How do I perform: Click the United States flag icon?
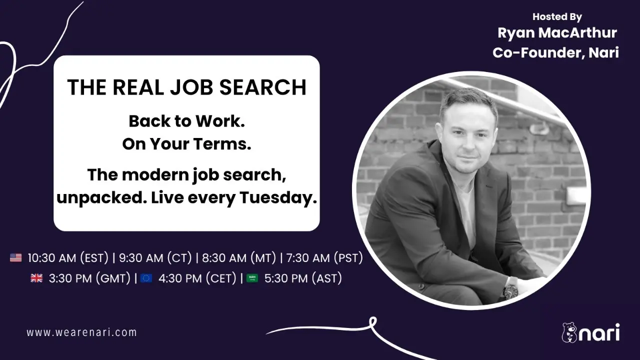point(15,257)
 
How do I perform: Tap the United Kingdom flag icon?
point(36,278)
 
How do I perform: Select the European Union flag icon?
point(146,278)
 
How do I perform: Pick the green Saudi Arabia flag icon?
point(252,278)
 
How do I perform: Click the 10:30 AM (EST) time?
point(68,258)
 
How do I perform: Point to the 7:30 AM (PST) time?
point(324,258)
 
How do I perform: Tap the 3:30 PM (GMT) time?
point(89,278)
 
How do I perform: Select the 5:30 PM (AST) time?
point(303,278)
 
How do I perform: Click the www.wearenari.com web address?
point(81,332)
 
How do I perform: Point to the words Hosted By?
point(557,17)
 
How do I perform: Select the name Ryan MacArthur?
point(557,33)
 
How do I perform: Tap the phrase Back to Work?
point(187,121)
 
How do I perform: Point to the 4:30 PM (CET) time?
point(197,278)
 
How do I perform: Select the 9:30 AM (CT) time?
point(155,258)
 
